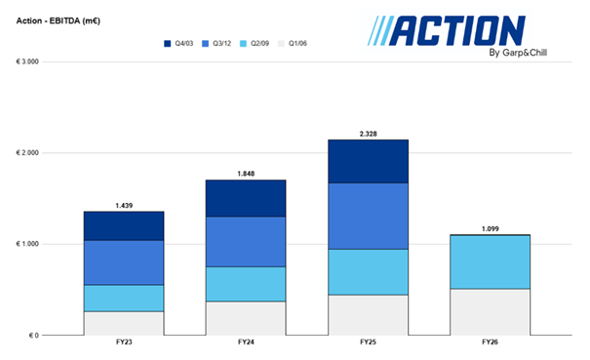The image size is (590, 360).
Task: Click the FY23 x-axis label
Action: click(123, 343)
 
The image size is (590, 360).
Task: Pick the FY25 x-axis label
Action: click(368, 343)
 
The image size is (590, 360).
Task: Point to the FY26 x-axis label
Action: click(490, 343)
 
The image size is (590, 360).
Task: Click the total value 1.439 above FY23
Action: click(123, 205)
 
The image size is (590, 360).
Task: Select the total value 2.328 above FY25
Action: click(368, 133)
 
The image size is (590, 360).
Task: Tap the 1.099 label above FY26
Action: click(490, 228)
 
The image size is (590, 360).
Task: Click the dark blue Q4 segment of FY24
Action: click(245, 198)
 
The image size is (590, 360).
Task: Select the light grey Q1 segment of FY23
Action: click(123, 323)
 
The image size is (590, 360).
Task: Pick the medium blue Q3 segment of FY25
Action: click(368, 216)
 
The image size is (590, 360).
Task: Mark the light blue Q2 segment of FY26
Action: click(490, 261)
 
